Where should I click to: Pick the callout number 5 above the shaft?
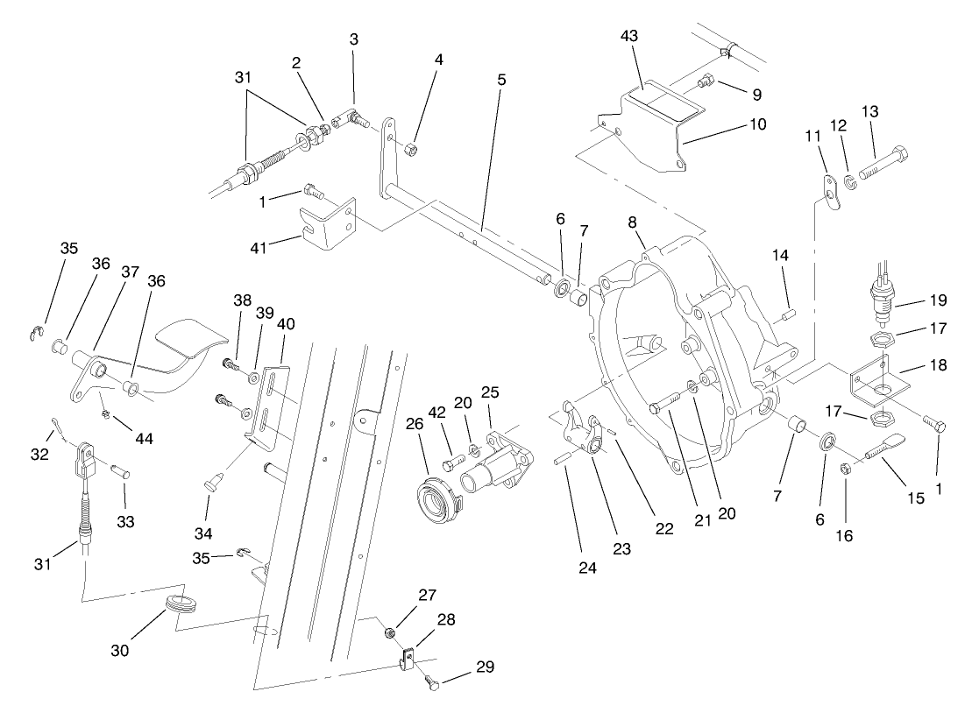[x=500, y=80]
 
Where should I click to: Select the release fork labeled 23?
[x=582, y=430]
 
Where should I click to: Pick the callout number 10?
[x=756, y=124]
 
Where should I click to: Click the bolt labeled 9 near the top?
[x=705, y=83]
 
